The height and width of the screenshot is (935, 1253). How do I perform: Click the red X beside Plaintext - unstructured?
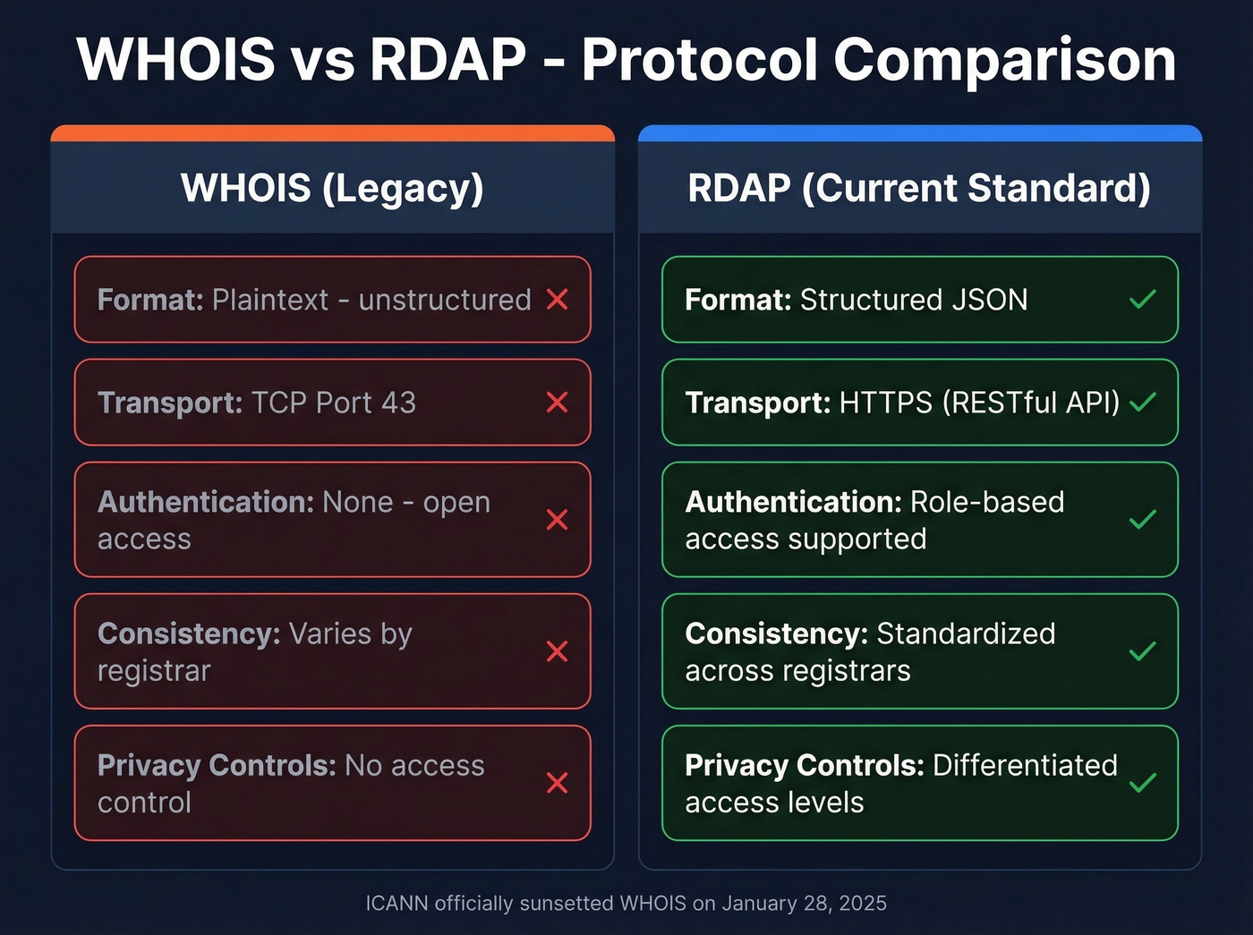[557, 300]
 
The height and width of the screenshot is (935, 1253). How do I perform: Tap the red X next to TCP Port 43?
[557, 403]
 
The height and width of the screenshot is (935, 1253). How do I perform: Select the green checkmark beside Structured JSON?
[1143, 300]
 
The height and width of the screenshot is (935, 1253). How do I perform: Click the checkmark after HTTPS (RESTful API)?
[1143, 403]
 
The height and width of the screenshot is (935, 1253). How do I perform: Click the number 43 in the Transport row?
[398, 403]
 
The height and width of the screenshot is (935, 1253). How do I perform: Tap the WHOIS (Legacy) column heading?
[332, 188]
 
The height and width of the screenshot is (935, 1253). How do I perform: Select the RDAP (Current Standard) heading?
[919, 188]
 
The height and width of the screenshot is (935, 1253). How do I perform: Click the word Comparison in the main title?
[1004, 60]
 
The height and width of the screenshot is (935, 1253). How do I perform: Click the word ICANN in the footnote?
[396, 904]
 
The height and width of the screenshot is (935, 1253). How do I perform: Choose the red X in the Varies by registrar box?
[557, 651]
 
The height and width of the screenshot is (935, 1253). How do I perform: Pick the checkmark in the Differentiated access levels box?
[1143, 783]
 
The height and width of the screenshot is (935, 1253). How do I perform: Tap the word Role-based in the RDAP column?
[986, 502]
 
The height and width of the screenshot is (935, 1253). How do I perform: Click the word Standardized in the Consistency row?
[966, 633]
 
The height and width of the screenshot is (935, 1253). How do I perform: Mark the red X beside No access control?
[557, 783]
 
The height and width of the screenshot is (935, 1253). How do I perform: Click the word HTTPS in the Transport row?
[886, 403]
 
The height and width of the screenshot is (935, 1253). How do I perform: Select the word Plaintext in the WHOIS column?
[270, 300]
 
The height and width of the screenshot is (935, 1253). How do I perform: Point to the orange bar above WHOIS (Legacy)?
[332, 134]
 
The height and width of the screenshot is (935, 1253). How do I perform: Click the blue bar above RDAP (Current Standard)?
[919, 134]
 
